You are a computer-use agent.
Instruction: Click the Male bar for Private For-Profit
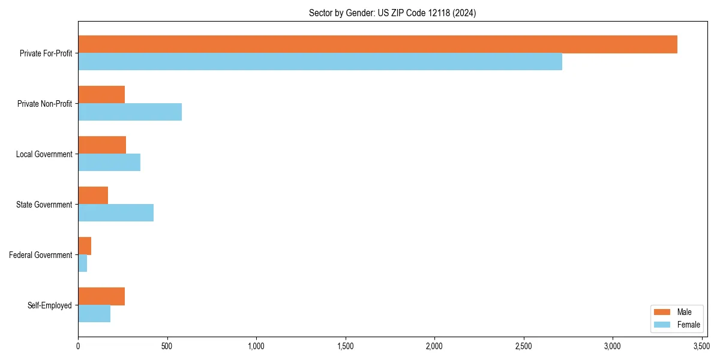click(x=377, y=44)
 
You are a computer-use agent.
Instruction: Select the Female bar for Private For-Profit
click(x=320, y=62)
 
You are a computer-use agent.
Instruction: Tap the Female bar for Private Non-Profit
click(x=130, y=112)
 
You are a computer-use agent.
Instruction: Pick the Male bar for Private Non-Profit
click(x=101, y=95)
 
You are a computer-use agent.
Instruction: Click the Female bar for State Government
click(x=116, y=213)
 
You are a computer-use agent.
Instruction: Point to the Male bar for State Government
click(x=93, y=196)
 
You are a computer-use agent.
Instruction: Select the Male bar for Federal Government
click(x=85, y=246)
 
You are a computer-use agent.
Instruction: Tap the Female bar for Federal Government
click(x=83, y=263)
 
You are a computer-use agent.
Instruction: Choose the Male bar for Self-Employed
click(x=101, y=296)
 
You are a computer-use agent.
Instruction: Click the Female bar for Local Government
click(x=109, y=163)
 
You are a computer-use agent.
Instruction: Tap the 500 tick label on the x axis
click(x=167, y=346)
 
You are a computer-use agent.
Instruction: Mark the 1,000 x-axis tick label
click(x=256, y=346)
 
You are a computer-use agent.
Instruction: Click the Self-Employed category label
click(x=50, y=305)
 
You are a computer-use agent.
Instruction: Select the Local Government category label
click(x=44, y=154)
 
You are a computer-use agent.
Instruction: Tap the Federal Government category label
click(x=41, y=255)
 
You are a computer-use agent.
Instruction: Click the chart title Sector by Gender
click(x=392, y=13)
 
